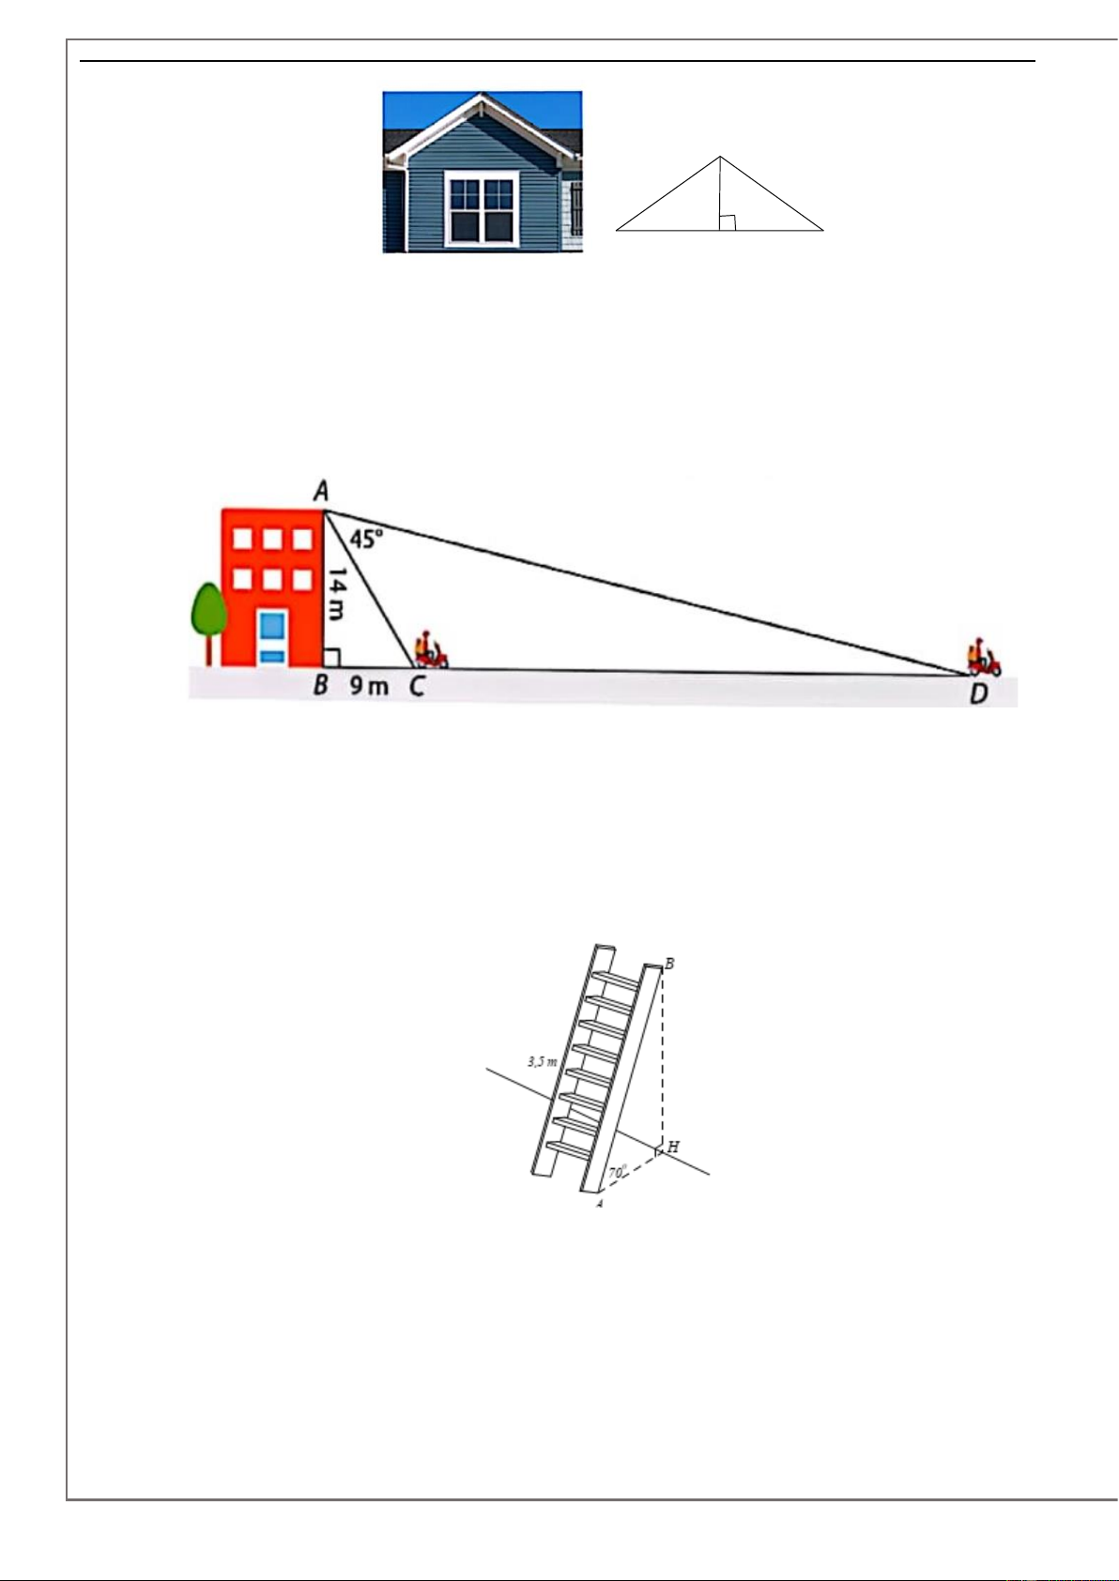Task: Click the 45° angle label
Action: [366, 540]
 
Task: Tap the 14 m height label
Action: [337, 594]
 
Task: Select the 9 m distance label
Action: [370, 685]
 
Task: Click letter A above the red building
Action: [321, 491]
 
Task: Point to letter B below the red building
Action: [321, 685]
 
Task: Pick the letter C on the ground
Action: [417, 685]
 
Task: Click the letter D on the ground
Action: [978, 693]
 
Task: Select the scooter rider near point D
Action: [984, 657]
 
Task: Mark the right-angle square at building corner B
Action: [331, 659]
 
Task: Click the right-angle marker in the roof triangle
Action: [728, 222]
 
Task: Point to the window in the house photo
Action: [483, 208]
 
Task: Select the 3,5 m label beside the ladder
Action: [543, 1061]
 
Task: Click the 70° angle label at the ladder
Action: [618, 1172]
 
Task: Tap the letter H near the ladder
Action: [673, 1147]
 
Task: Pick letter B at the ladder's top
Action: [669, 964]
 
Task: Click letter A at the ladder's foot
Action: [599, 1204]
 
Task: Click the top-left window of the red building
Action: [242, 540]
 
